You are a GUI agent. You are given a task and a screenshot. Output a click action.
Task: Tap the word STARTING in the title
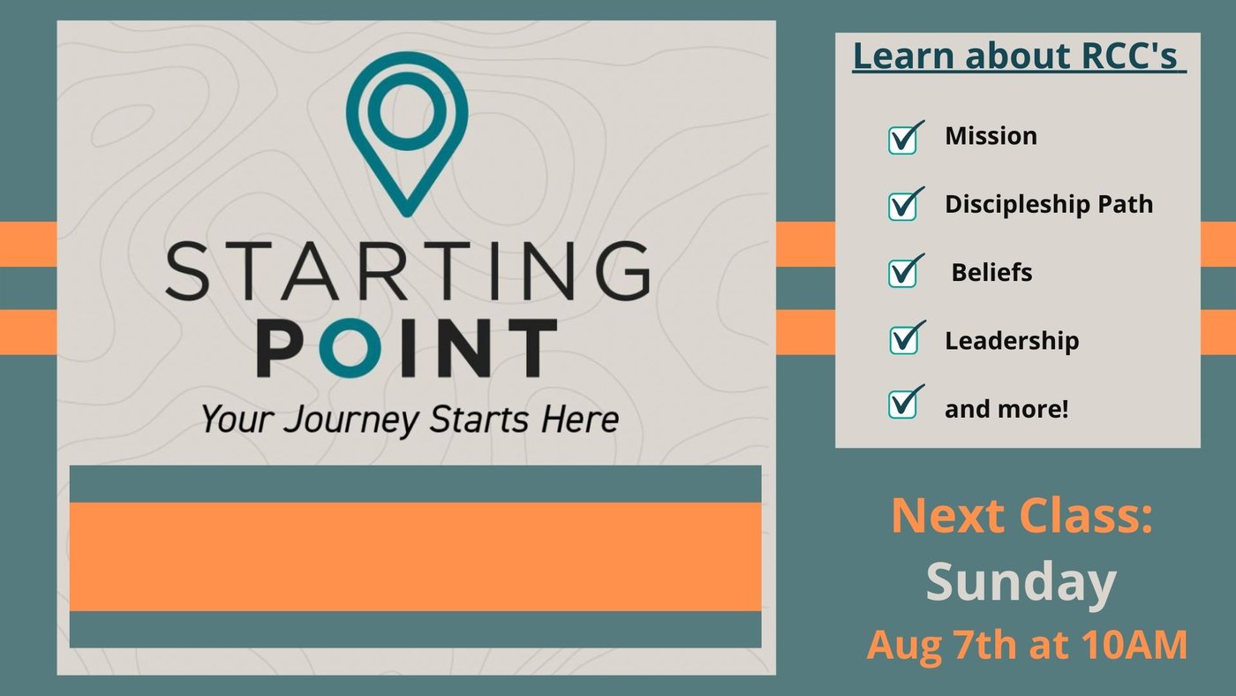click(x=408, y=270)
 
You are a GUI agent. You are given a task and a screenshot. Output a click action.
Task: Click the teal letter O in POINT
click(x=350, y=348)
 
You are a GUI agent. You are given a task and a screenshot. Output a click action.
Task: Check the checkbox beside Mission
click(x=906, y=137)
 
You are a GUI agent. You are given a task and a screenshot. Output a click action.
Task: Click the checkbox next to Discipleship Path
click(x=906, y=204)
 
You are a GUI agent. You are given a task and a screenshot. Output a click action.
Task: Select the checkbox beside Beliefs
click(x=906, y=271)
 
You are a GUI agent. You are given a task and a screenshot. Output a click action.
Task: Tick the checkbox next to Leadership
click(x=907, y=337)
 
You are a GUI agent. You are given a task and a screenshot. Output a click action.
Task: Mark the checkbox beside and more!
click(x=906, y=403)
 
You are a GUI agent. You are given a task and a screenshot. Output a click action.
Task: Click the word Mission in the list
click(x=991, y=136)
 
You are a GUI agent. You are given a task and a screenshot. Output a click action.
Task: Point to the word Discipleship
click(x=1017, y=205)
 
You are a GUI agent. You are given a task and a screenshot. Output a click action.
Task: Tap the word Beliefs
click(x=991, y=272)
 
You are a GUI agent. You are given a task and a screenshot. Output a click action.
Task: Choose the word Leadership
click(x=1012, y=341)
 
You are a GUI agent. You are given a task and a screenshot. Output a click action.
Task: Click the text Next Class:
click(x=1022, y=516)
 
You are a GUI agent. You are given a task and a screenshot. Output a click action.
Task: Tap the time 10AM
click(x=1133, y=644)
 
